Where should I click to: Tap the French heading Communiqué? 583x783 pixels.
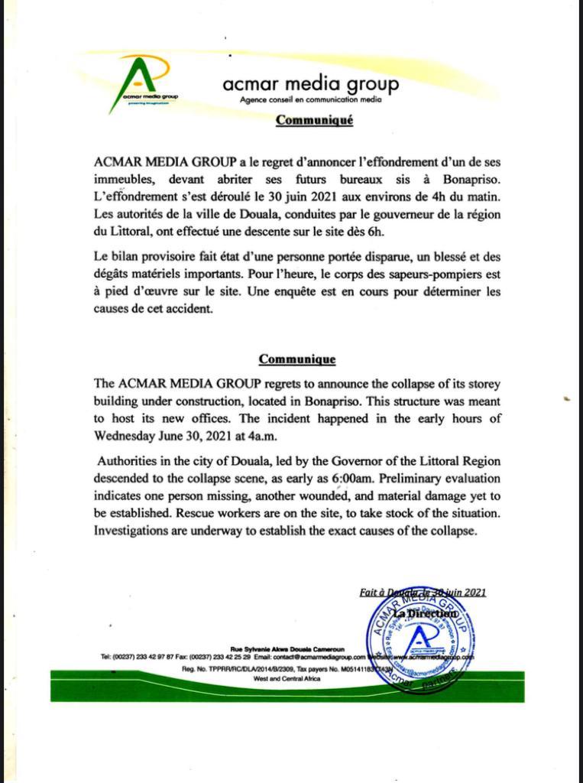pyautogui.click(x=314, y=120)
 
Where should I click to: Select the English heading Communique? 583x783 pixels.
pyautogui.click(x=296, y=359)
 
